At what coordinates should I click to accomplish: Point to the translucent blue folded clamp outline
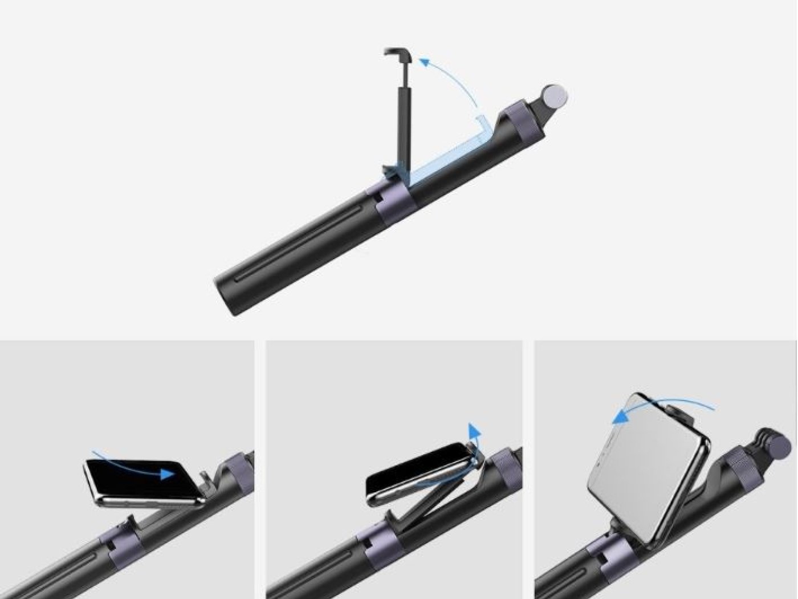click(x=450, y=154)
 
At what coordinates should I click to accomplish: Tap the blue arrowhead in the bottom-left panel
click(x=168, y=473)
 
